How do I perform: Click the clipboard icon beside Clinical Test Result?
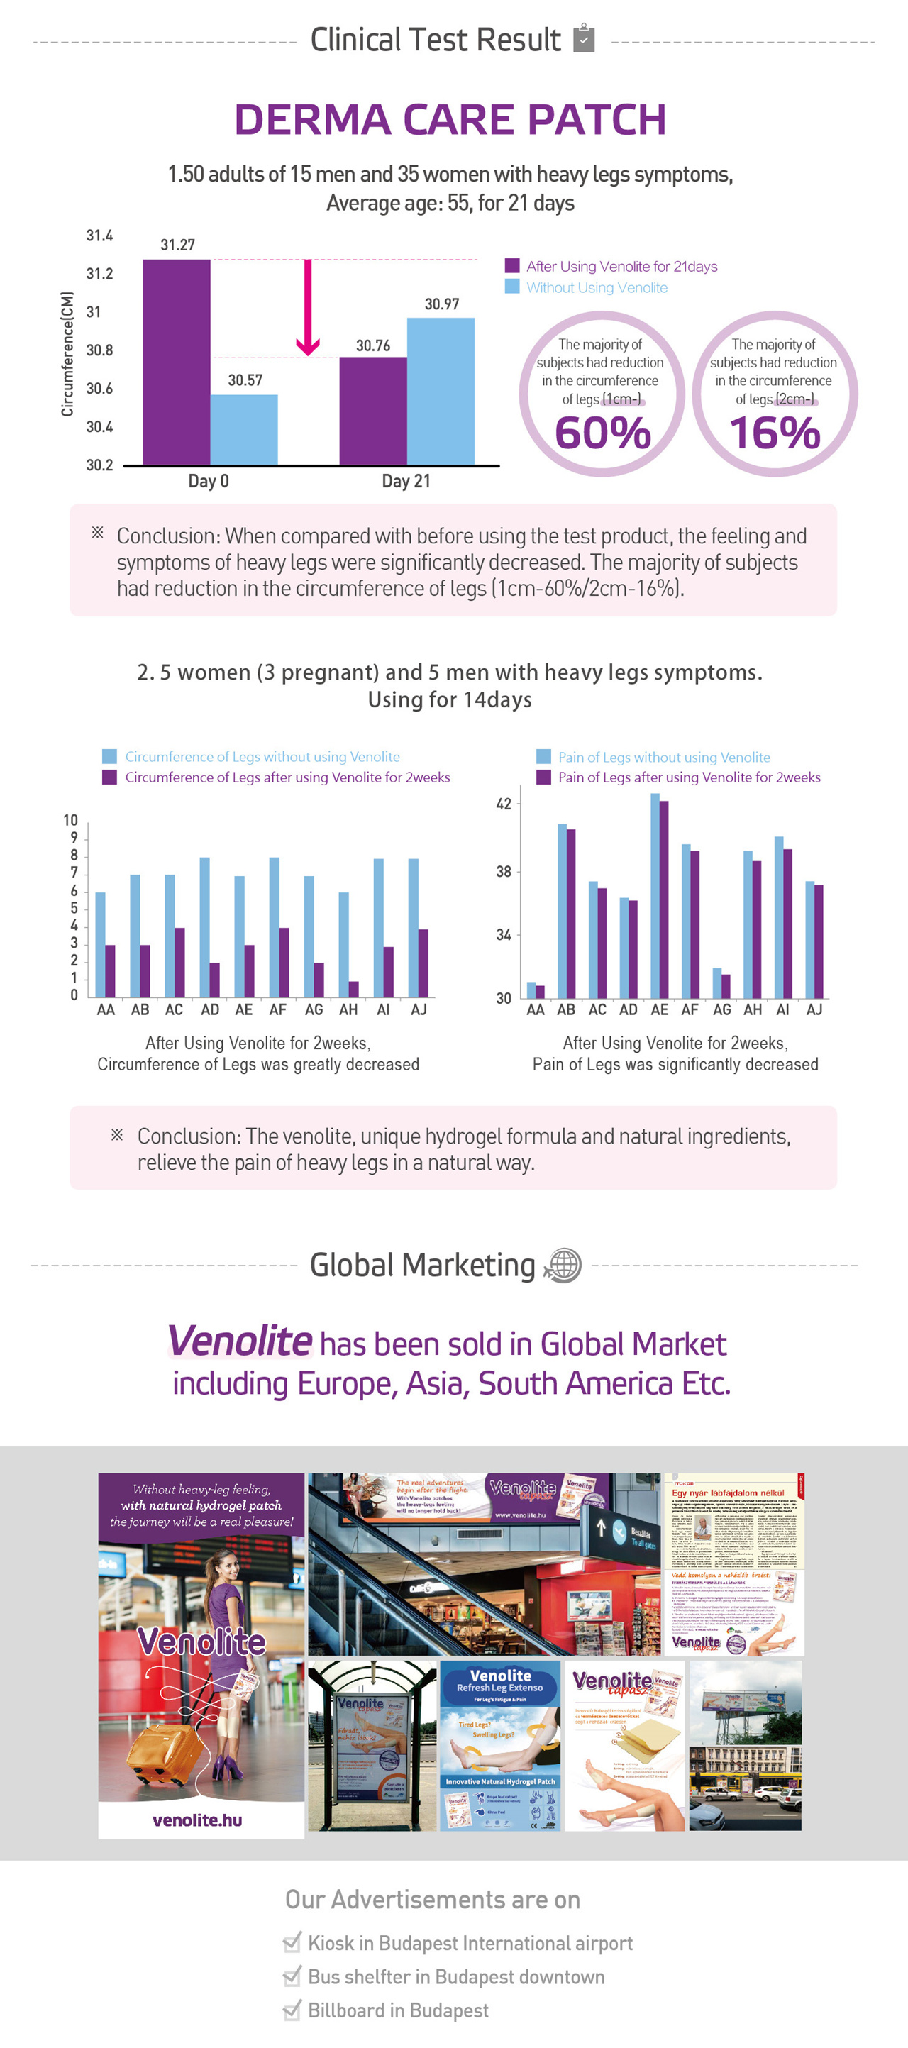click(x=585, y=38)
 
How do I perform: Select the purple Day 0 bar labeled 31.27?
click(x=177, y=362)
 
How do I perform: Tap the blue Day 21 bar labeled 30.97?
click(x=441, y=391)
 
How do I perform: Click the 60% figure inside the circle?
click(x=603, y=433)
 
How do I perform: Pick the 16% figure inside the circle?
click(x=775, y=433)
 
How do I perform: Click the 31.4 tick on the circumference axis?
click(x=99, y=236)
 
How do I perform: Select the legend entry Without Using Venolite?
click(x=597, y=288)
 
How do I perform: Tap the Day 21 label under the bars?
click(x=406, y=481)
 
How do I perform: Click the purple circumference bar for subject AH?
click(x=354, y=989)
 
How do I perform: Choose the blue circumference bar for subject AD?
click(x=204, y=927)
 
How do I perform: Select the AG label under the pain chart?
click(x=721, y=1009)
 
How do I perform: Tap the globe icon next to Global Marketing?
click(x=563, y=1265)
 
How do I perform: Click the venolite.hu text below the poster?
click(x=197, y=1820)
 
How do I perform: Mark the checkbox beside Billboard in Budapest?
click(x=292, y=2010)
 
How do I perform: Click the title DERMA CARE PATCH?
click(x=450, y=120)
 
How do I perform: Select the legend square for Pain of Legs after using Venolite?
click(x=544, y=777)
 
